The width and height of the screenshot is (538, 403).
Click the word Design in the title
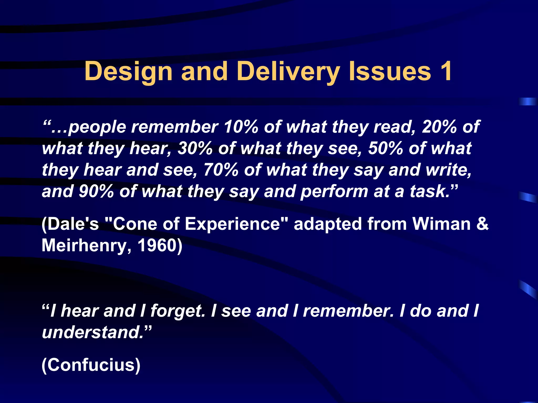[128, 71]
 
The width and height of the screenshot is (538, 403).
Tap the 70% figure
[221, 170]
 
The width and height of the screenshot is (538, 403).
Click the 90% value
[96, 192]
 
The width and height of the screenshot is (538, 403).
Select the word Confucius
[91, 365]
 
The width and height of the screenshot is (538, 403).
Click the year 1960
[157, 246]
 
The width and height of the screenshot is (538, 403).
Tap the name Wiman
[441, 224]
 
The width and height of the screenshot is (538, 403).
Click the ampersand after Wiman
[482, 224]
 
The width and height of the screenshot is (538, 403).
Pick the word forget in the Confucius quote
[178, 311]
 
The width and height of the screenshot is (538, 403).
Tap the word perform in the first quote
[334, 192]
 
